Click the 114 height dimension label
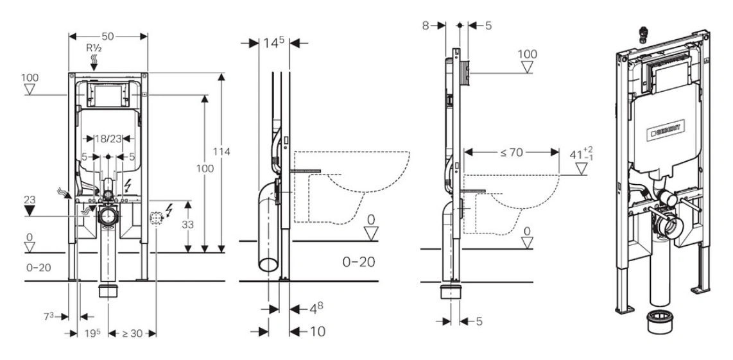click(x=222, y=151)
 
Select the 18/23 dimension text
click(x=107, y=137)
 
